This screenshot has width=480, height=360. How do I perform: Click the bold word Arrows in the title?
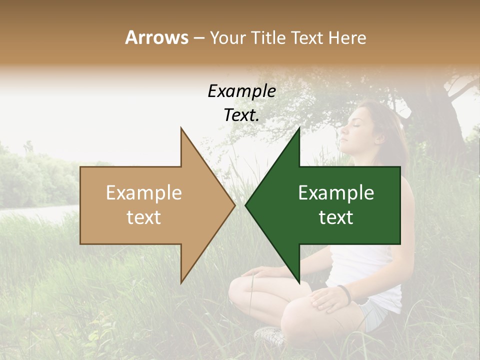pos(156,37)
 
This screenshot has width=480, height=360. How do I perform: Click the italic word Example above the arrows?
pos(241,91)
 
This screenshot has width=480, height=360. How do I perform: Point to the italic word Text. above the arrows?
pos(241,115)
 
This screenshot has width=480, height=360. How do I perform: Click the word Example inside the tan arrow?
pos(143,192)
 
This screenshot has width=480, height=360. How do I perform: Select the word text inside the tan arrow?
pos(143,217)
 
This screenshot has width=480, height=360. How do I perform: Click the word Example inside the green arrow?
pos(336,192)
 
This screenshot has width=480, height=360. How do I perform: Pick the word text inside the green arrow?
pos(336,217)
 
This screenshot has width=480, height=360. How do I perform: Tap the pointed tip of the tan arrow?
pos(234,205)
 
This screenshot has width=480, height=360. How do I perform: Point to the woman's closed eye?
pos(356,125)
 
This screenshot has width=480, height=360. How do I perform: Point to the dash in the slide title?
pos(198,38)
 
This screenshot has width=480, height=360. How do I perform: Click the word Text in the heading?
pos(306,37)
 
